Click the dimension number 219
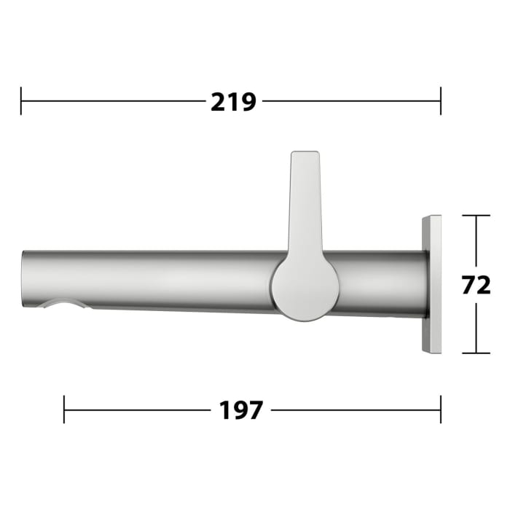[x=233, y=101]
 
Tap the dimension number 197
[x=240, y=410]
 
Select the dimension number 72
[x=476, y=285]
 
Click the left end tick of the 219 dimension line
[x=21, y=101]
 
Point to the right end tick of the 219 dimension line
[x=441, y=101]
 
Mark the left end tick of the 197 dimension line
[x=64, y=409]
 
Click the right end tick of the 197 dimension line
[x=441, y=409]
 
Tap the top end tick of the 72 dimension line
[x=476, y=216]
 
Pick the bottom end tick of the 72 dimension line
[x=476, y=353]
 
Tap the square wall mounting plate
[x=431, y=284]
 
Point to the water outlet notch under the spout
[x=66, y=304]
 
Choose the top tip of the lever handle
[x=305, y=155]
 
